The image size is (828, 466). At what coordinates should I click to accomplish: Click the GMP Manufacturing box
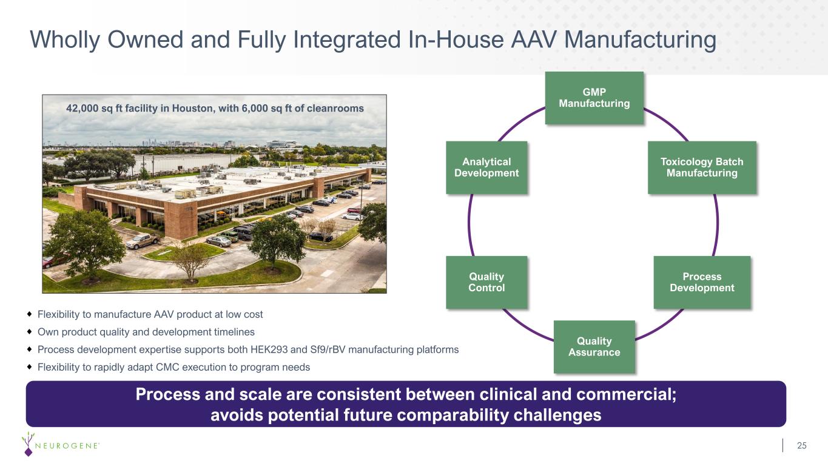[594, 98]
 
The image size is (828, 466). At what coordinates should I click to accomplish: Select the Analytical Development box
[486, 167]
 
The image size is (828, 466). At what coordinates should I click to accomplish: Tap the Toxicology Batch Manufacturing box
[702, 167]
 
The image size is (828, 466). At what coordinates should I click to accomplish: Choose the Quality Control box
[486, 282]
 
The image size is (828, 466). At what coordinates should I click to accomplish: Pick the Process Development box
[702, 282]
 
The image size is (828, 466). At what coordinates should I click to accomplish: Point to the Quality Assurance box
[594, 346]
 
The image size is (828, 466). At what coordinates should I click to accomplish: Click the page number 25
[802, 445]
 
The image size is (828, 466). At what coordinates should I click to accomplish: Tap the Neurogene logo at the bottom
[60, 444]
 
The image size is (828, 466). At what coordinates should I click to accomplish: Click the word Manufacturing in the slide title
[640, 40]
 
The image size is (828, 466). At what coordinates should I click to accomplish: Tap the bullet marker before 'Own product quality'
[30, 332]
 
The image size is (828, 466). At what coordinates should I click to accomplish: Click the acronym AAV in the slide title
[533, 40]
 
